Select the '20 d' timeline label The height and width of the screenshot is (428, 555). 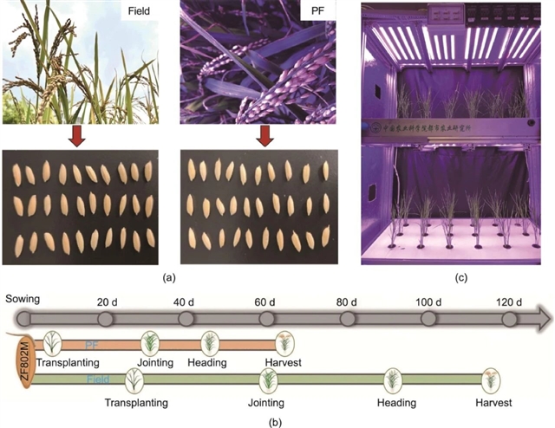[106, 302]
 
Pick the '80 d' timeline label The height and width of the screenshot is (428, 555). [347, 302]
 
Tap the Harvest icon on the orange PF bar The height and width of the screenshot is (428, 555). [283, 341]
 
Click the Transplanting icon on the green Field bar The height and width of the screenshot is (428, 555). [134, 379]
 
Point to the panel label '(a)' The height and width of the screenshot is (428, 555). [169, 278]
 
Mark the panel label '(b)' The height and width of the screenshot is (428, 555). [276, 421]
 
